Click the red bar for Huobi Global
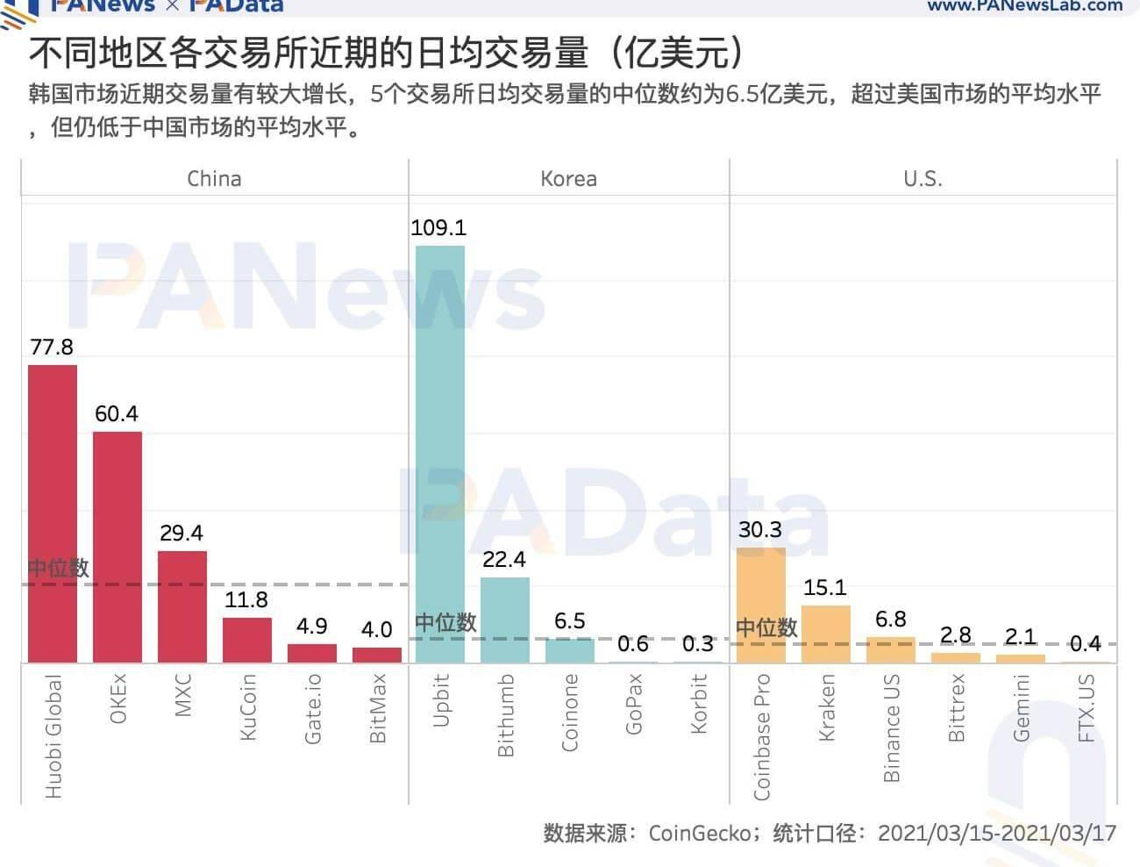[53, 513]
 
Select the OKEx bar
[118, 547]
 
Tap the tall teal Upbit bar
[439, 454]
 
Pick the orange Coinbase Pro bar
[760, 605]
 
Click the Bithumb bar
[504, 620]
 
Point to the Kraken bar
[825, 634]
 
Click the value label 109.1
[438, 228]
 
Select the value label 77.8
[52, 348]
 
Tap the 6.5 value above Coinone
[570, 621]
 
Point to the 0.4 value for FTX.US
[1085, 644]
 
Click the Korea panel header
[568, 179]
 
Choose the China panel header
[214, 179]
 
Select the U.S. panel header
[923, 179]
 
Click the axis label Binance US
[892, 727]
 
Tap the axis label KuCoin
[247, 706]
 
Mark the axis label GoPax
[634, 704]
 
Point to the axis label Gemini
[1021, 707]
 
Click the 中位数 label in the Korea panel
[445, 623]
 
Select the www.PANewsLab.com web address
[1024, 5]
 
